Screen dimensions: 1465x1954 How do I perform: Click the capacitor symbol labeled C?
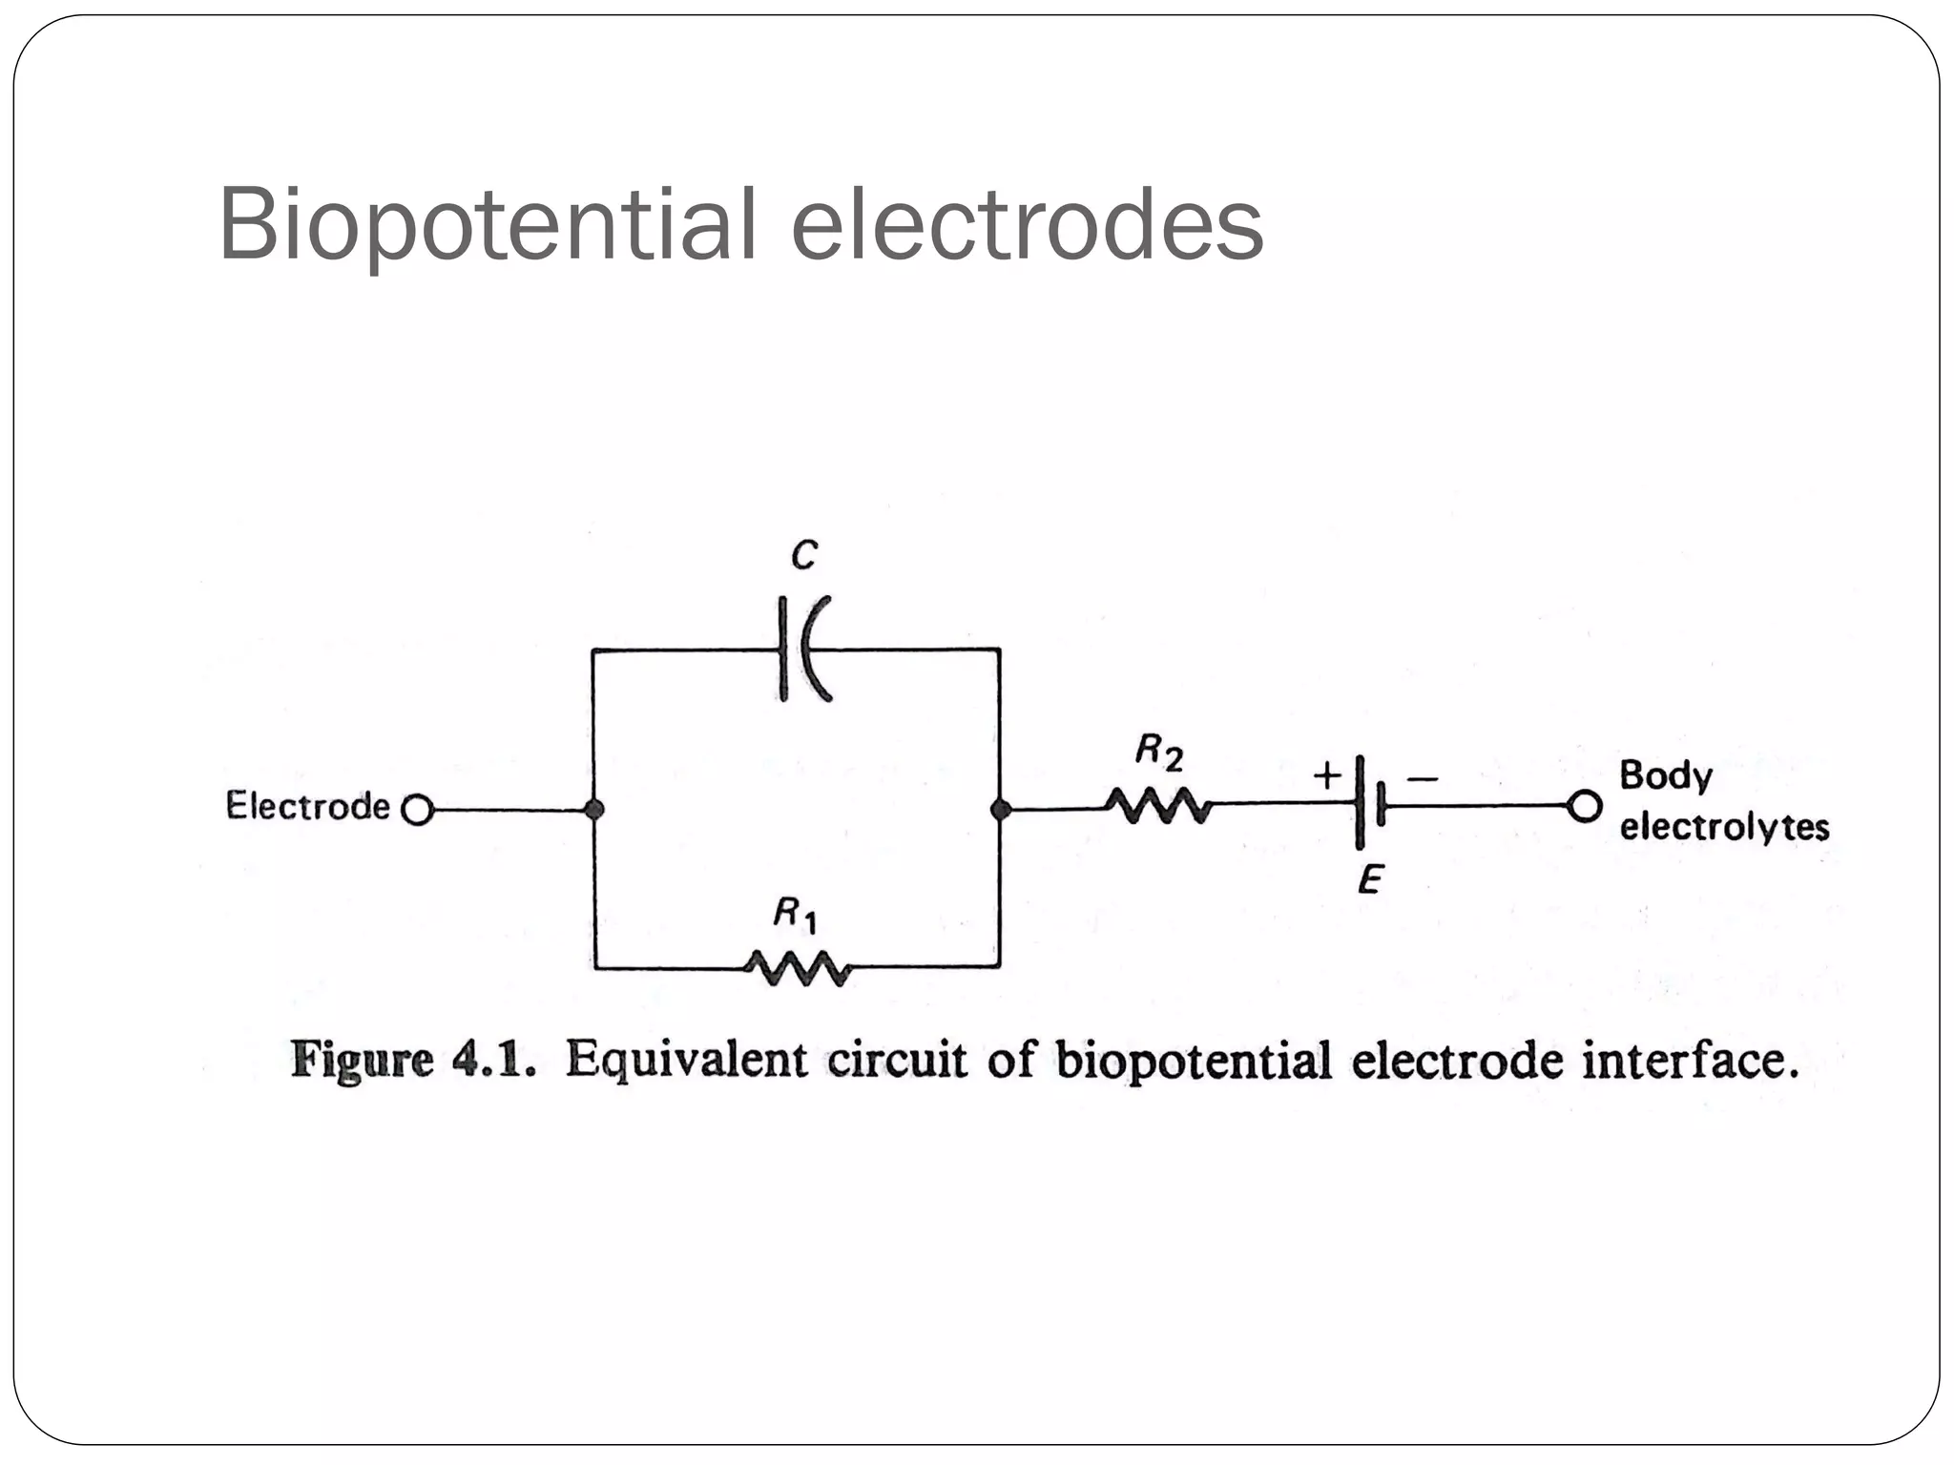click(803, 650)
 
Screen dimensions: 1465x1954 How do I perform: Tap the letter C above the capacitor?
click(804, 554)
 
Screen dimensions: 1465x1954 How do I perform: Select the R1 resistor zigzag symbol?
click(798, 968)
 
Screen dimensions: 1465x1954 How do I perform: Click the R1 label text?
click(794, 915)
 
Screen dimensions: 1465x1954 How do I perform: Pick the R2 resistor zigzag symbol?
click(1158, 806)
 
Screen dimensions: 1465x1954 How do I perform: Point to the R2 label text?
click(1158, 753)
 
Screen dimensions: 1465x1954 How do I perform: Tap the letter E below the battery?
click(1370, 879)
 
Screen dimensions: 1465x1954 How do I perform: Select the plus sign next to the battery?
click(1327, 775)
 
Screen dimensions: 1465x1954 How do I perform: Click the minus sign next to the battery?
click(1422, 779)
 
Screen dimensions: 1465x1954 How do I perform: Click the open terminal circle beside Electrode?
click(417, 811)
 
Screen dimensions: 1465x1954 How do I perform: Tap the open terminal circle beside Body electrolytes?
click(1584, 807)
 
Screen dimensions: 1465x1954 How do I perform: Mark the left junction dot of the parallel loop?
click(593, 810)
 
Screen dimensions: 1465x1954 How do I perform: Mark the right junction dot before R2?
click(1000, 810)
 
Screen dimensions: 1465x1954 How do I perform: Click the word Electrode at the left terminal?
click(307, 806)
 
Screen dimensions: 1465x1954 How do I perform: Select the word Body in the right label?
click(1665, 775)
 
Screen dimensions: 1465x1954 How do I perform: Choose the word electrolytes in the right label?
click(1724, 826)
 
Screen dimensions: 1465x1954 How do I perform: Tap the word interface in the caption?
click(1689, 1061)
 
